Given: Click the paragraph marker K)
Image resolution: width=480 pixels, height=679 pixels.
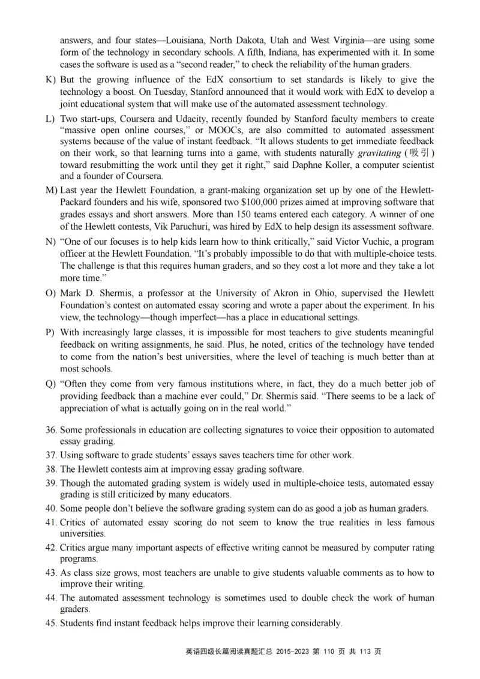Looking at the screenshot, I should tap(50, 80).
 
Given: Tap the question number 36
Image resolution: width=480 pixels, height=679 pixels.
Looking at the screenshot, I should tap(51, 431).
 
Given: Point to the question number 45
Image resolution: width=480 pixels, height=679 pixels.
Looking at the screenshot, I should tap(51, 623).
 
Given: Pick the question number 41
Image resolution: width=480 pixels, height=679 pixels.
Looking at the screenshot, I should tap(51, 523).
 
